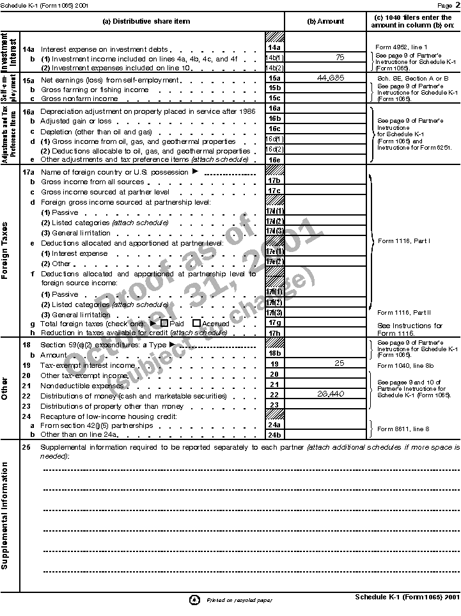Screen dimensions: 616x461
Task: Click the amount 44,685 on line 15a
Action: click(331, 78)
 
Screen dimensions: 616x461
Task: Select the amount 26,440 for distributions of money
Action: click(331, 394)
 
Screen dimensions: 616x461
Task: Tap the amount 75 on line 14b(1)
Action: click(339, 58)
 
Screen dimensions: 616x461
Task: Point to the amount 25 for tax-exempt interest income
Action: click(339, 363)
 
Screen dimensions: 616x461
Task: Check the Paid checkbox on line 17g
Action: click(164, 324)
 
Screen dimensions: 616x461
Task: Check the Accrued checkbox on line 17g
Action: click(197, 324)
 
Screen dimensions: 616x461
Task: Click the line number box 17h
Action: click(274, 333)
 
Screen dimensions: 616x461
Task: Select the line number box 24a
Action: click(274, 425)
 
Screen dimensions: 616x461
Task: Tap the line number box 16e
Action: click(274, 159)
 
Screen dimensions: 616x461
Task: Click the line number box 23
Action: click(274, 404)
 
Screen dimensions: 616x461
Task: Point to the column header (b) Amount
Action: click(325, 21)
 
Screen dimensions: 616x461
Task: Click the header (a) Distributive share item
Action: click(146, 21)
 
